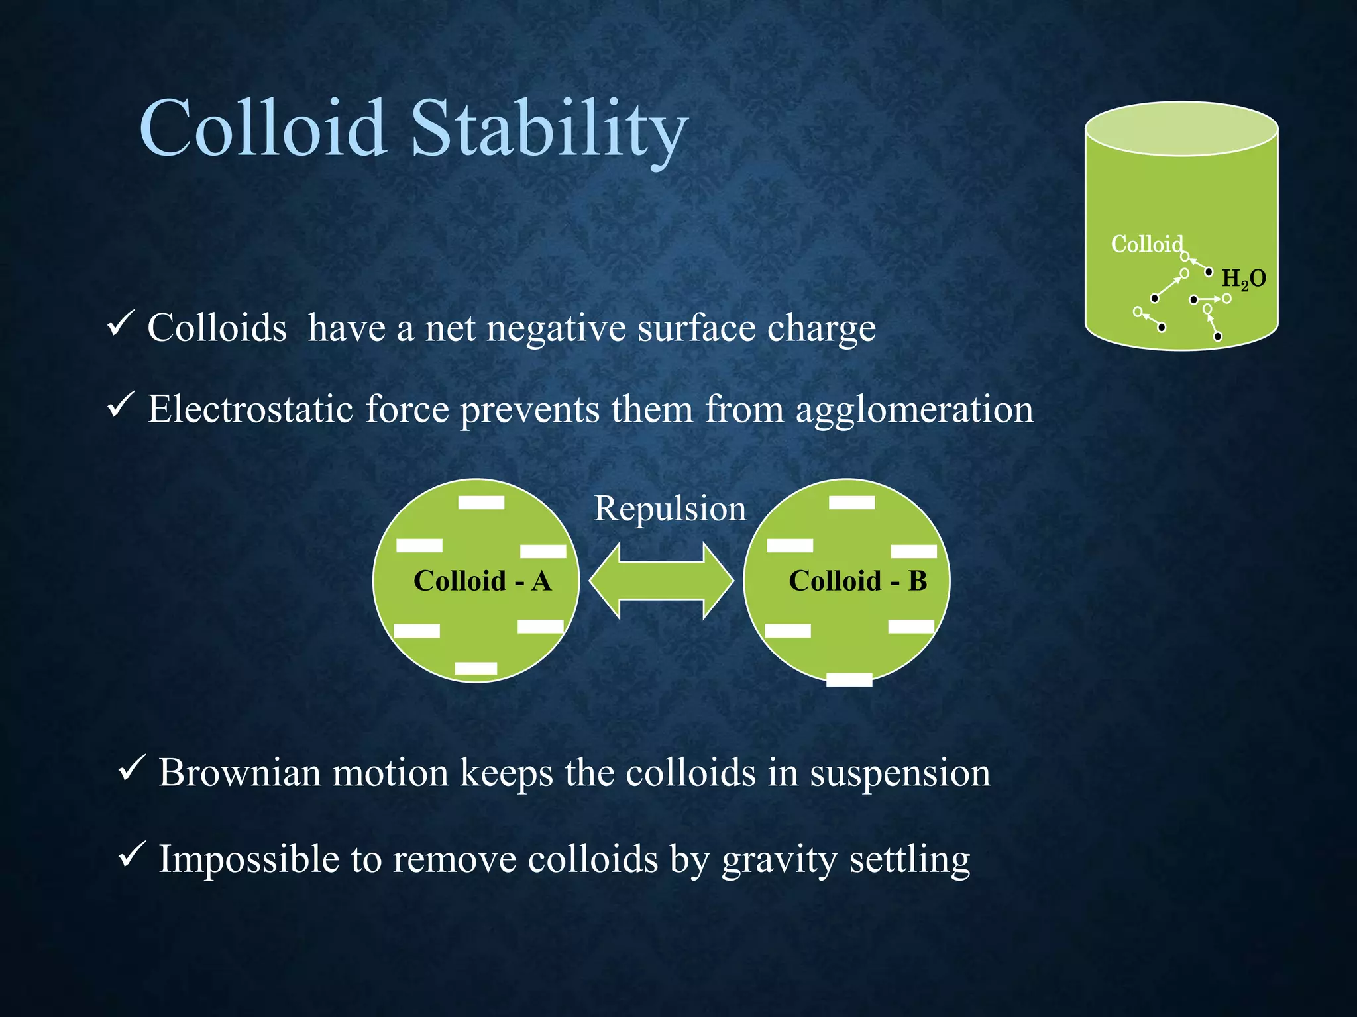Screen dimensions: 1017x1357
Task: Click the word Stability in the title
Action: point(549,129)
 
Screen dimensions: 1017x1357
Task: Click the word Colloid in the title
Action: point(263,129)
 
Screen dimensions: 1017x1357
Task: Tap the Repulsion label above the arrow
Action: point(669,508)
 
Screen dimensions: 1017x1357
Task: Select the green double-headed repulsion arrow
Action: point(661,581)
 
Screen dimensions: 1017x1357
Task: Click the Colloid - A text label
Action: point(482,581)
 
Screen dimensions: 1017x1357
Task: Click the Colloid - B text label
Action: point(857,581)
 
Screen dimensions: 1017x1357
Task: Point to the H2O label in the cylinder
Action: point(1243,279)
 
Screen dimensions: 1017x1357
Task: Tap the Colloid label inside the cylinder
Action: point(1146,244)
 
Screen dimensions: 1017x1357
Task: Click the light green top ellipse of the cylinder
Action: point(1181,129)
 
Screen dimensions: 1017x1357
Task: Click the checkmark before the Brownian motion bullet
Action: point(129,769)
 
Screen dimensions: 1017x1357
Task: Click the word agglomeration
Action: point(914,410)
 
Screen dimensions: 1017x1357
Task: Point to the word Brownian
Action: point(239,773)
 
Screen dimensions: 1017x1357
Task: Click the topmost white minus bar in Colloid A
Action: point(481,503)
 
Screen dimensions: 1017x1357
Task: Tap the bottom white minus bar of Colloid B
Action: point(849,679)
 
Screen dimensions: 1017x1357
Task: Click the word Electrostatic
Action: point(250,409)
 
